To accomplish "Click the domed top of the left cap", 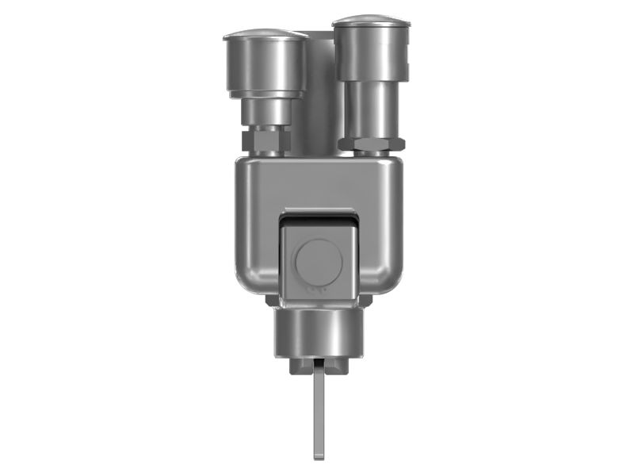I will point(265,35).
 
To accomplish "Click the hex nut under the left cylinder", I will point(266,141).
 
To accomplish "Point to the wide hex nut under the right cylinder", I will point(371,144).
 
